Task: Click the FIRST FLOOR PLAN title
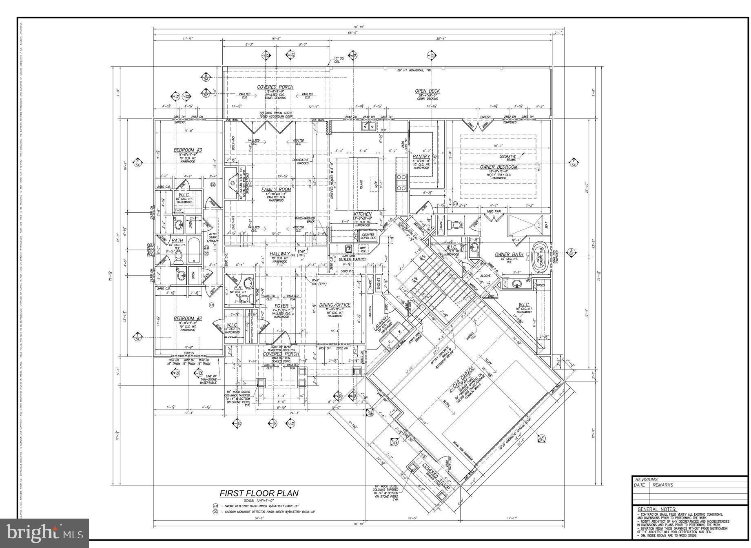pos(259,493)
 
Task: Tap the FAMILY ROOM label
pos(276,189)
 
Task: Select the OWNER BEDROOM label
pos(498,167)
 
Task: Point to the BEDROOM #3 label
pos(188,150)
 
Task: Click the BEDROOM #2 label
pos(188,319)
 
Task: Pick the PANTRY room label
pos(421,156)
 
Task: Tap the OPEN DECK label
pos(428,91)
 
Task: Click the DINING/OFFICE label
pos(335,305)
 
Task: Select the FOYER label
pos(281,306)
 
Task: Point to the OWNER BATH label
pos(509,254)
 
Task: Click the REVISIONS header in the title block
pos(647,479)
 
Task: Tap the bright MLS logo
pos(44,533)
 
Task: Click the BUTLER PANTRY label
pos(353,259)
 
